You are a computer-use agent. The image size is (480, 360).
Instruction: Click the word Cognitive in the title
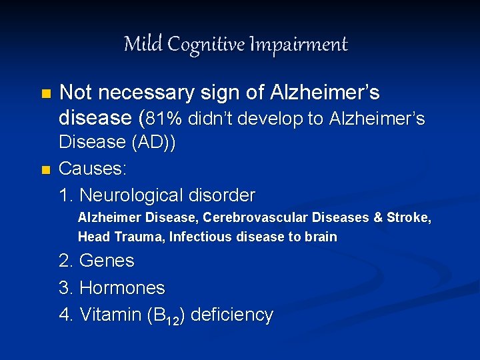pyautogui.click(x=205, y=45)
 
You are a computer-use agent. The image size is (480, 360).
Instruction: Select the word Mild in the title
pyautogui.click(x=143, y=44)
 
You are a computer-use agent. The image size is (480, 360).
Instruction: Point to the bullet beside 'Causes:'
pyautogui.click(x=45, y=170)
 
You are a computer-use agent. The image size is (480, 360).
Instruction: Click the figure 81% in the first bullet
pyautogui.click(x=163, y=119)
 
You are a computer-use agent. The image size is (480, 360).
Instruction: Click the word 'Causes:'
pyautogui.click(x=93, y=169)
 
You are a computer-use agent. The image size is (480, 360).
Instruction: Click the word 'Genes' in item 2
pyautogui.click(x=107, y=261)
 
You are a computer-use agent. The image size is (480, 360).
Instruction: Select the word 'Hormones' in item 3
pyautogui.click(x=122, y=288)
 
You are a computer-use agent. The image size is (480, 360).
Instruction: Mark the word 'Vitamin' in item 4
pyautogui.click(x=110, y=315)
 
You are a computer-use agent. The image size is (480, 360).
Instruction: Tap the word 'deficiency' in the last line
pyautogui.click(x=232, y=315)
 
